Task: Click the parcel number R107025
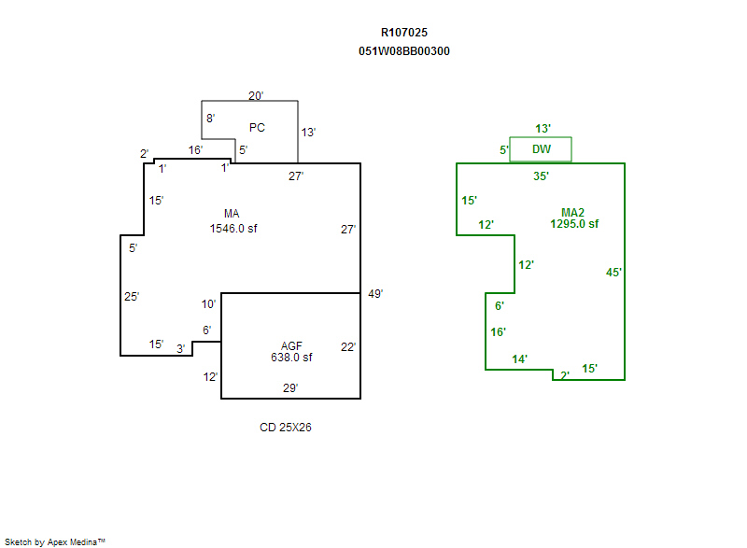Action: click(404, 33)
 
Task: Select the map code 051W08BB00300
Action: click(404, 51)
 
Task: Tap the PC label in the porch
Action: click(257, 127)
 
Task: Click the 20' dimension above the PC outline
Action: click(256, 95)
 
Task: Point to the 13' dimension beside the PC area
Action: click(308, 133)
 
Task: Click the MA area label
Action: click(233, 214)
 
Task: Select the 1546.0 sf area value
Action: click(233, 228)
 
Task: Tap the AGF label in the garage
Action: click(291, 345)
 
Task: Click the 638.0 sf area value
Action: click(291, 358)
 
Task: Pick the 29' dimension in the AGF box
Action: click(291, 387)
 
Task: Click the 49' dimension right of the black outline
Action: click(376, 293)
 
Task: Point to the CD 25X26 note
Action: click(291, 428)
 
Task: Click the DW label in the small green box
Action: click(541, 149)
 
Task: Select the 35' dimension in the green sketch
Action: click(541, 176)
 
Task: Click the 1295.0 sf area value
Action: click(574, 224)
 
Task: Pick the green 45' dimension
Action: click(613, 273)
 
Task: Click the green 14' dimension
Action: click(519, 359)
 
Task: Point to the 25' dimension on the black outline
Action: click(132, 297)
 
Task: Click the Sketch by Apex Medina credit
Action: click(55, 541)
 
